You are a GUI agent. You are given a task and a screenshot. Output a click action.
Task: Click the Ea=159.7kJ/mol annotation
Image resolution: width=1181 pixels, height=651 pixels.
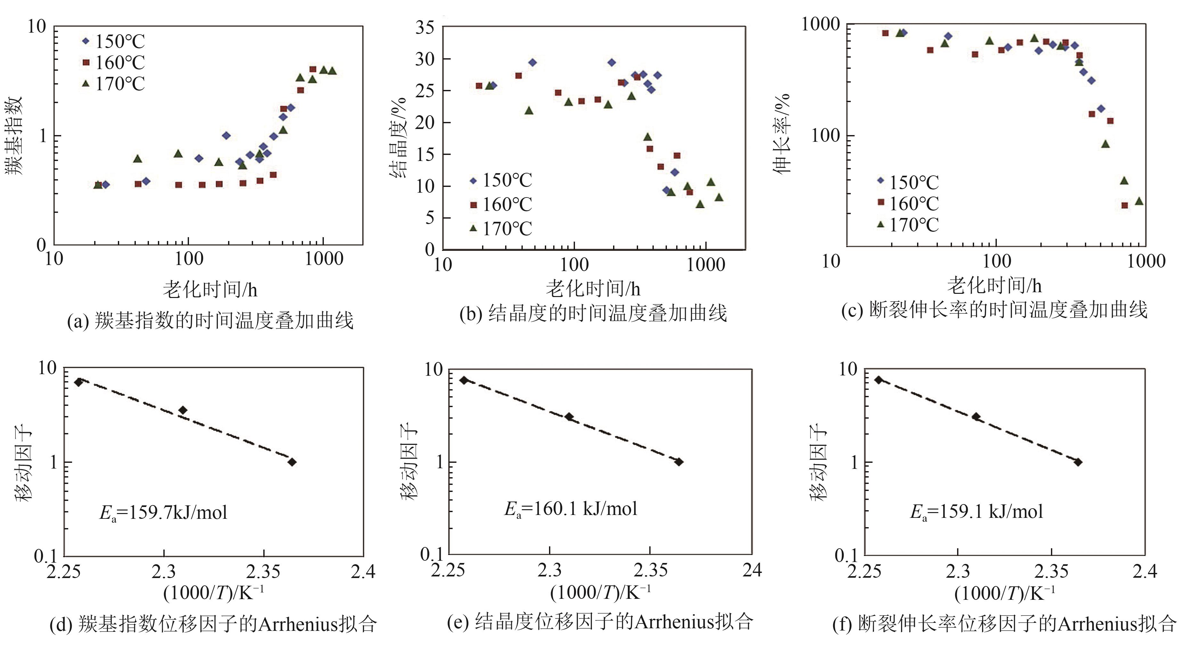(x=163, y=512)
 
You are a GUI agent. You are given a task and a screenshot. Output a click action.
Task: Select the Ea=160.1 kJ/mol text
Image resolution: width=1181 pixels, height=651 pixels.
(x=570, y=509)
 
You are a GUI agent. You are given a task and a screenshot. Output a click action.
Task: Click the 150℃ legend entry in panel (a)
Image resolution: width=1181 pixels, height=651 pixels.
(x=114, y=42)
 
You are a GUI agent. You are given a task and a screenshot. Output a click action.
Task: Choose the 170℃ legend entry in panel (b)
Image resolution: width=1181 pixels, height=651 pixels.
(x=501, y=229)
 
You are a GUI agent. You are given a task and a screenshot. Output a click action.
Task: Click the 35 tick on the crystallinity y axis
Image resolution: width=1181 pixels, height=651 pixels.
(x=424, y=28)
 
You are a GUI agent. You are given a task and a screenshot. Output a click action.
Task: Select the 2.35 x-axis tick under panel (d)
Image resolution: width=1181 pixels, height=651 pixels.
(x=264, y=571)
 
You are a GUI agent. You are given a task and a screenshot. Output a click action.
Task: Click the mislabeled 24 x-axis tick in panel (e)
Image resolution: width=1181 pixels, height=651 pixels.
(x=752, y=570)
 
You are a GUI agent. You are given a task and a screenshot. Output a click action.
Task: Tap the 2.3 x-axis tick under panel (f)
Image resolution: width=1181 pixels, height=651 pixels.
(x=958, y=571)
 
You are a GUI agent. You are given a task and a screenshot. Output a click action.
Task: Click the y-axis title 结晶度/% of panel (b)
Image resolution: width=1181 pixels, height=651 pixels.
(x=398, y=137)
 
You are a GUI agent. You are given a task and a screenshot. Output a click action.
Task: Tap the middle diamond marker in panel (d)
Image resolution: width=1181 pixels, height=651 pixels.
(x=183, y=410)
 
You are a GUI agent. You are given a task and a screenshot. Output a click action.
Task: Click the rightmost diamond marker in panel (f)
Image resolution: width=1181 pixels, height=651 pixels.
(x=1078, y=462)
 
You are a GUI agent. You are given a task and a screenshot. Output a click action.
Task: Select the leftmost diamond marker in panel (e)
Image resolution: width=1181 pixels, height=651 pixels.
(x=464, y=380)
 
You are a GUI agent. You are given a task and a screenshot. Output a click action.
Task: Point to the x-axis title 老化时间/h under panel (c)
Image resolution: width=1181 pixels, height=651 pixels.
(x=994, y=286)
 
